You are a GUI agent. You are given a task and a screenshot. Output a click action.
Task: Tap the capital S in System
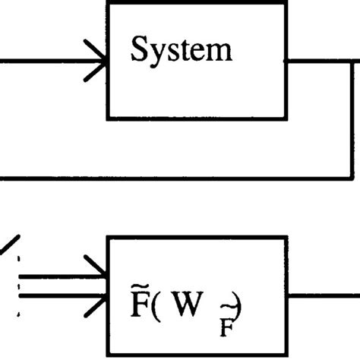[139, 50]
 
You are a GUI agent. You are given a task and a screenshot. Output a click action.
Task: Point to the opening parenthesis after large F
[155, 297]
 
